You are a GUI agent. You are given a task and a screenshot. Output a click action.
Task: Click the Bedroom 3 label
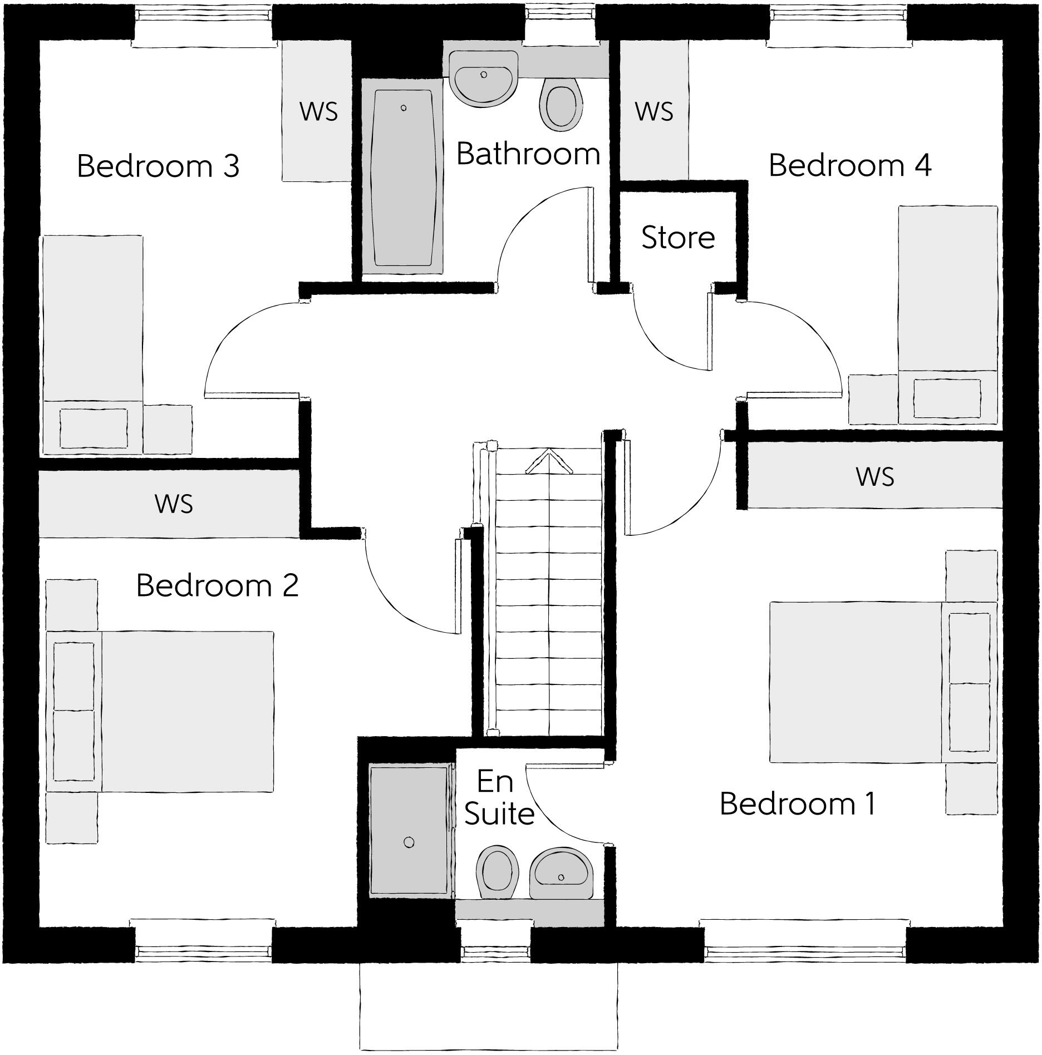coord(158,166)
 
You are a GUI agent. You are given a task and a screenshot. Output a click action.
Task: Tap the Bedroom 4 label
coord(849,165)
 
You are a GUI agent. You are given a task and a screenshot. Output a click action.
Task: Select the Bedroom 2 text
coord(217,585)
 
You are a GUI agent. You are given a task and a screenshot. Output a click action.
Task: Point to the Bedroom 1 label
coord(797,803)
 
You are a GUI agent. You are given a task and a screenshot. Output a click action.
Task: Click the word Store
coord(677,238)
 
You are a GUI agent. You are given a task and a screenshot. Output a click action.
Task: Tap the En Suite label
coord(498,798)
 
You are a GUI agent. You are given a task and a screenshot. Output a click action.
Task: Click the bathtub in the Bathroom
coord(403,178)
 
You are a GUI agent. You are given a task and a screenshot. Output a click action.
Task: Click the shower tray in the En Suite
coord(409,831)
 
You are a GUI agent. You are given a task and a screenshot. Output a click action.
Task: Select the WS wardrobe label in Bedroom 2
coord(174,504)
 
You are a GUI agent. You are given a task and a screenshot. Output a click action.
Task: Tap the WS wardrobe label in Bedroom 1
coord(875,477)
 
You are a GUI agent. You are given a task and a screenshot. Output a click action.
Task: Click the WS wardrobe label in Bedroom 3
coord(318,111)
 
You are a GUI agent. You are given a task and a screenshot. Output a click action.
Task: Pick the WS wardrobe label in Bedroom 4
coord(654,111)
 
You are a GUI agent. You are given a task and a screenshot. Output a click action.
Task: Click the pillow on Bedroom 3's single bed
coord(93,428)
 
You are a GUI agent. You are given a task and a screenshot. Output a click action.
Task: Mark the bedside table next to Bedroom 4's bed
coord(872,400)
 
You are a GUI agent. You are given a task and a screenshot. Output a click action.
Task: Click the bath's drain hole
coord(404,108)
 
